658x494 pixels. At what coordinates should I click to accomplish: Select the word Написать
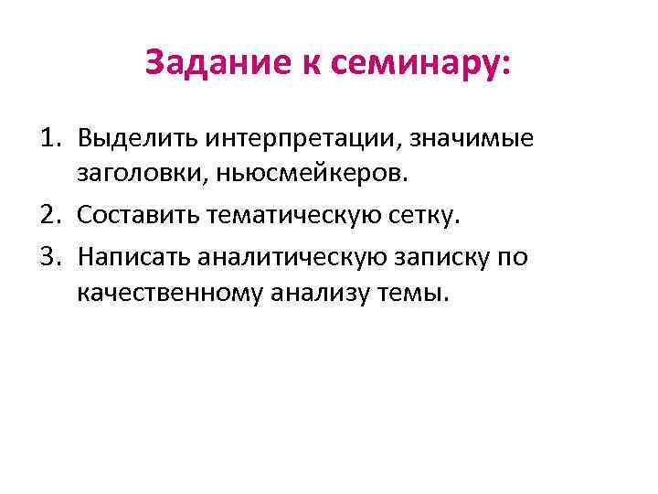135,255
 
